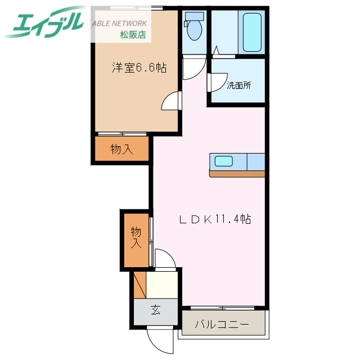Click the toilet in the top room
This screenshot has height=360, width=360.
click(195, 29)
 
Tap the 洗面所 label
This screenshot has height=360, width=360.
click(238, 85)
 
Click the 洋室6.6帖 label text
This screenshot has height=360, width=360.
click(138, 68)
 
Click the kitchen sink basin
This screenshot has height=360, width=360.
click(223, 161)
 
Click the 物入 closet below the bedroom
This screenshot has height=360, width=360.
click(121, 149)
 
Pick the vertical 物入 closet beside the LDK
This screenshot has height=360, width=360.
click(136, 237)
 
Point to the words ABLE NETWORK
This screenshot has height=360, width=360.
click(119, 23)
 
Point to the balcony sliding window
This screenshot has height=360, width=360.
click(223, 308)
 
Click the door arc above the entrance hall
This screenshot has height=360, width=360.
click(165, 258)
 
